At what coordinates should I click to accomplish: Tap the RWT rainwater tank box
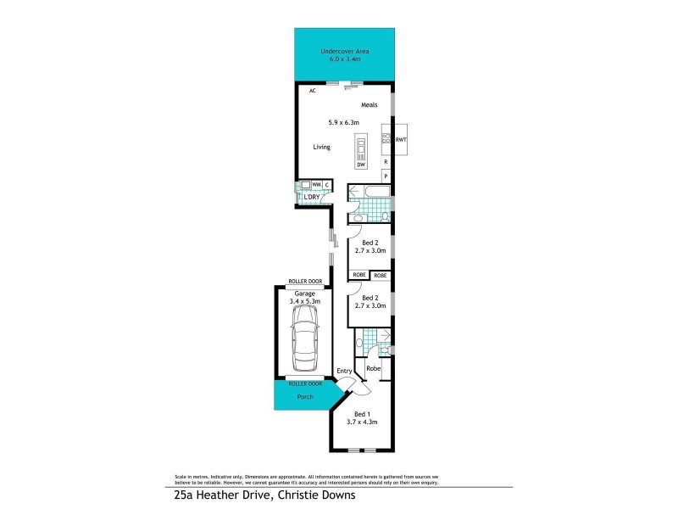click(401, 140)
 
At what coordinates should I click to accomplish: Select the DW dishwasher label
click(360, 165)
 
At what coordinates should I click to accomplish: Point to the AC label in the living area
click(312, 90)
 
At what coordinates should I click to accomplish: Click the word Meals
click(369, 105)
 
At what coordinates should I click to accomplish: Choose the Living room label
click(321, 147)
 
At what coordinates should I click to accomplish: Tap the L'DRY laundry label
click(312, 197)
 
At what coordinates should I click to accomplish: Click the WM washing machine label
click(315, 184)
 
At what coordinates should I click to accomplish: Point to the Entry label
click(343, 372)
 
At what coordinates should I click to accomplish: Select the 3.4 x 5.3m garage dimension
click(304, 301)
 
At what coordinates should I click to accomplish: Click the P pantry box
click(386, 176)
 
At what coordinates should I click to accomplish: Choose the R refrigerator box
click(386, 161)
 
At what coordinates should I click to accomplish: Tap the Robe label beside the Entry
click(373, 368)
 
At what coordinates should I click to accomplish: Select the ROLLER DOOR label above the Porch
click(304, 383)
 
